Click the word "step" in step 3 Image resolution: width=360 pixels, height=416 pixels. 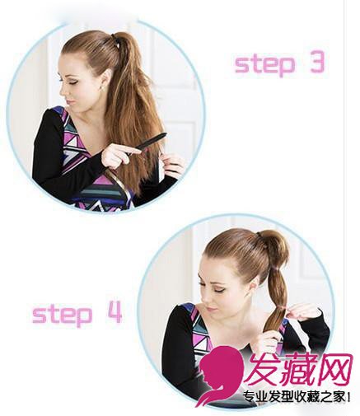click(264, 64)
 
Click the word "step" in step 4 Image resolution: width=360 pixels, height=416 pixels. click(62, 315)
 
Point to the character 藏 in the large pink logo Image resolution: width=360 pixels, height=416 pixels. click(296, 369)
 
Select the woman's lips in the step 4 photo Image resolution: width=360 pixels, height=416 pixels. click(211, 309)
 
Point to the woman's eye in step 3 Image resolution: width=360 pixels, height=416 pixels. click(72, 82)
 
